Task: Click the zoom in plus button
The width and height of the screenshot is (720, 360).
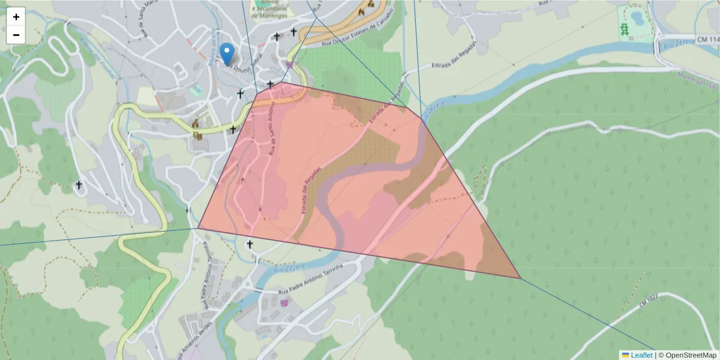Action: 16,17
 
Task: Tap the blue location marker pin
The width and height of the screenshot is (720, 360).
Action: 226,54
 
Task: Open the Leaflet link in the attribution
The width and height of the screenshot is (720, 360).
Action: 641,355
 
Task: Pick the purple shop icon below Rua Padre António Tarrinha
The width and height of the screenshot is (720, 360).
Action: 284,302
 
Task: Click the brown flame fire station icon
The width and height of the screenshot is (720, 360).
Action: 361,12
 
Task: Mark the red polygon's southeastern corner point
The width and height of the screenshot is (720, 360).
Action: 520,278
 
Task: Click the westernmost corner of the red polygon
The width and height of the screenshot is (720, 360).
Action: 199,227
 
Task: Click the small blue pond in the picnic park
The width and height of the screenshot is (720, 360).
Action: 636,16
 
